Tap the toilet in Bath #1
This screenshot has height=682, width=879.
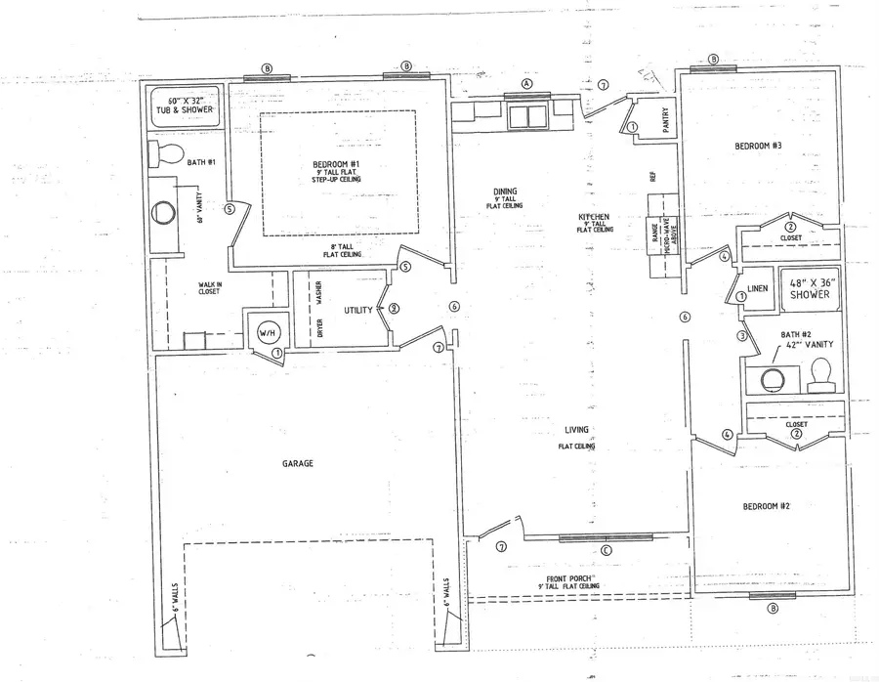165,154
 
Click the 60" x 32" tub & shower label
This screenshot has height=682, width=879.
186,106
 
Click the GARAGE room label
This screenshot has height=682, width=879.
299,463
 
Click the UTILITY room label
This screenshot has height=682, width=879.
358,310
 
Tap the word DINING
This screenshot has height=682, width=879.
505,192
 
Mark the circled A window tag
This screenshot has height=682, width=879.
526,84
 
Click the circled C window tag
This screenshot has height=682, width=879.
606,550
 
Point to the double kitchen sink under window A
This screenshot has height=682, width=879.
528,116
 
